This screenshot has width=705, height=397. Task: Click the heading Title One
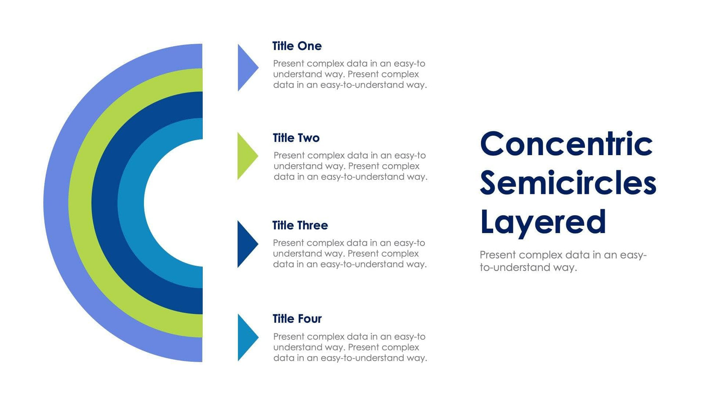(297, 46)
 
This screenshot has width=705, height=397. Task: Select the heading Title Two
(296, 138)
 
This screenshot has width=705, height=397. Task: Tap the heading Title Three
(300, 226)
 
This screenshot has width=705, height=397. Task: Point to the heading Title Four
(297, 319)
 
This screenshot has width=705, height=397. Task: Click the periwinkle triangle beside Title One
(246, 68)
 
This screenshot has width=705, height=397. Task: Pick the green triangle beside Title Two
(245, 156)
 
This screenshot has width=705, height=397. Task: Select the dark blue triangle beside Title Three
(245, 244)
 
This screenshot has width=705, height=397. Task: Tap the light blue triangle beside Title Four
(246, 337)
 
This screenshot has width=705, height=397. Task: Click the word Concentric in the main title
(566, 144)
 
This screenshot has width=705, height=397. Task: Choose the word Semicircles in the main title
(568, 183)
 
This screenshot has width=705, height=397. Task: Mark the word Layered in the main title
(543, 222)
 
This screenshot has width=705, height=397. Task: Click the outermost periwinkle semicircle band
(56, 203)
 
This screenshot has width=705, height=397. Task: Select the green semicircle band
(80, 203)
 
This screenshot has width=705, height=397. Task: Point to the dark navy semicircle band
(104, 203)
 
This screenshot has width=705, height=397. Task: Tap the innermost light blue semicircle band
(131, 203)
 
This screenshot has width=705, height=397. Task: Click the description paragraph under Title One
(349, 75)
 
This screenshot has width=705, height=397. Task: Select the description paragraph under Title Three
(349, 254)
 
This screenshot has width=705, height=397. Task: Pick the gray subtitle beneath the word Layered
(563, 261)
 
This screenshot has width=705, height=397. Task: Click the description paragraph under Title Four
(349, 347)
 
